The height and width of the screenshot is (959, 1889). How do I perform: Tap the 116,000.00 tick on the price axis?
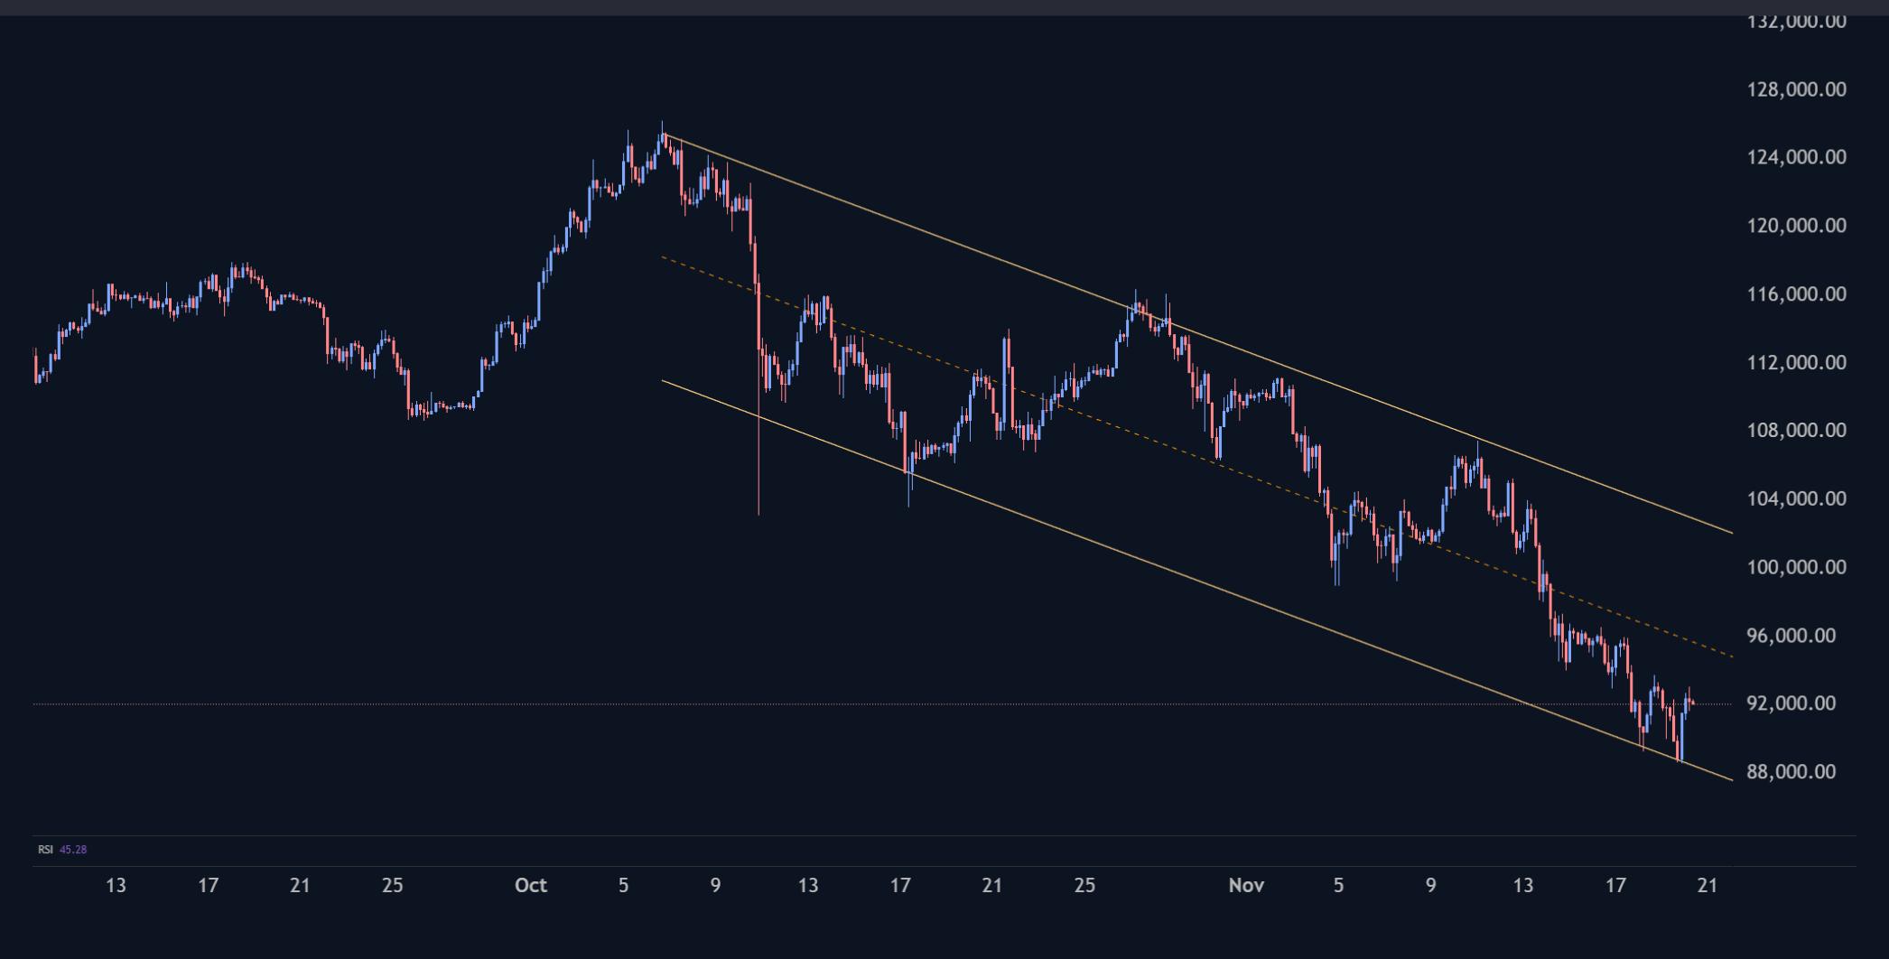1796,293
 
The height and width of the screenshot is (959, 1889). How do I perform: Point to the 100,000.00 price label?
1796,567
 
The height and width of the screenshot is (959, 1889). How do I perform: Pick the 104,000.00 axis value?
1796,498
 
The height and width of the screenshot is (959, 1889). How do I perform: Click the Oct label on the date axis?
530,886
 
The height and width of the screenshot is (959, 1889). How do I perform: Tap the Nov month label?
1245,886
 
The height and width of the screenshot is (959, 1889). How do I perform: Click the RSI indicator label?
45,850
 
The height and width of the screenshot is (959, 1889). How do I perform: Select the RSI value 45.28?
73,850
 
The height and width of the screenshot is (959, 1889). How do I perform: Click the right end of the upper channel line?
1731,533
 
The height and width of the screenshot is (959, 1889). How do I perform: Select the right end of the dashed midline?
1731,656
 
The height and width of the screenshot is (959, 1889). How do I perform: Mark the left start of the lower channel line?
663,380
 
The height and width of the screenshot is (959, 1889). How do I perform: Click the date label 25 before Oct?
392,886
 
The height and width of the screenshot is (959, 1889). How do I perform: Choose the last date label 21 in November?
1707,886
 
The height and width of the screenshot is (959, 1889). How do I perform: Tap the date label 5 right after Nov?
1338,886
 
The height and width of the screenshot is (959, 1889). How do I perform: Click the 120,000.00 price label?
1796,226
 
